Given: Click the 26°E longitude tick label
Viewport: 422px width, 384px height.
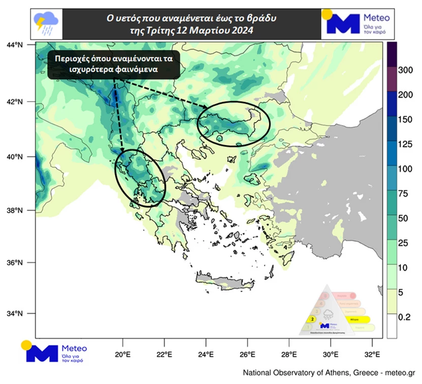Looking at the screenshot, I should (x=247, y=354).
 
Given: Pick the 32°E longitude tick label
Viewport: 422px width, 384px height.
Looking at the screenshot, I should (x=373, y=354).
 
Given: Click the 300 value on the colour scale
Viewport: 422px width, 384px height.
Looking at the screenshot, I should (x=407, y=70).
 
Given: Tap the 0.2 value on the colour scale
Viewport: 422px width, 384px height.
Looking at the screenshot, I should (x=405, y=316).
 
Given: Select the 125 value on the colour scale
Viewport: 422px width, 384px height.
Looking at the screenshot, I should (x=407, y=144).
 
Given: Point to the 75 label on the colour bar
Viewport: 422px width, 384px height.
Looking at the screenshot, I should (x=405, y=193).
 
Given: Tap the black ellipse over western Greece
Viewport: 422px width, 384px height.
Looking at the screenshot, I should (x=140, y=178).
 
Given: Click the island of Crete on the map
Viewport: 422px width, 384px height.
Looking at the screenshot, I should (x=224, y=280).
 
